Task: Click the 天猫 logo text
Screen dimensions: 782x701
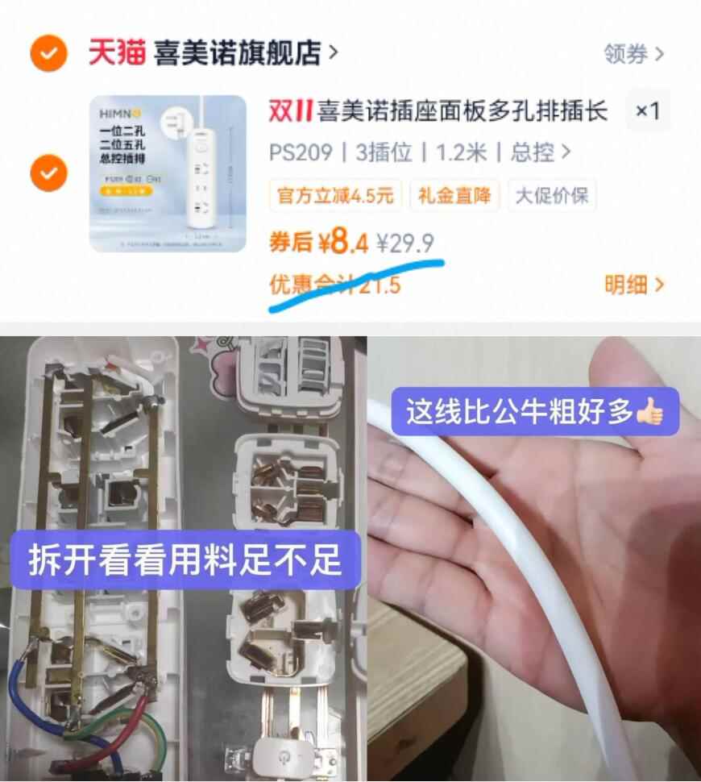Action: point(117,54)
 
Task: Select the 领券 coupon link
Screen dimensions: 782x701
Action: point(633,55)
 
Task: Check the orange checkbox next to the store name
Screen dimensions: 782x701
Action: point(48,54)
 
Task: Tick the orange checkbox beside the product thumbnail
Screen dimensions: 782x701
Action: point(48,173)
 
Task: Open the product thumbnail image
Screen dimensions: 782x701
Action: point(168,173)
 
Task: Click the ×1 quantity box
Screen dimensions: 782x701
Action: point(648,111)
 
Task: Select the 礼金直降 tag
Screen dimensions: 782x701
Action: point(454,196)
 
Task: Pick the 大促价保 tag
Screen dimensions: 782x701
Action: point(552,196)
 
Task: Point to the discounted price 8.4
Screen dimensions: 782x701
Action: point(342,241)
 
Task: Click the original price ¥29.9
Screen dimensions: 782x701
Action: point(407,241)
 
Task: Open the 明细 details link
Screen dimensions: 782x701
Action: point(633,285)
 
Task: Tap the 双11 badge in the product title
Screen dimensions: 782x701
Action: point(290,111)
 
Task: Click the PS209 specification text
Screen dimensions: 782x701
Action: point(301,152)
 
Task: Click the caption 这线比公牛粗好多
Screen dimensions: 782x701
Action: point(520,412)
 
